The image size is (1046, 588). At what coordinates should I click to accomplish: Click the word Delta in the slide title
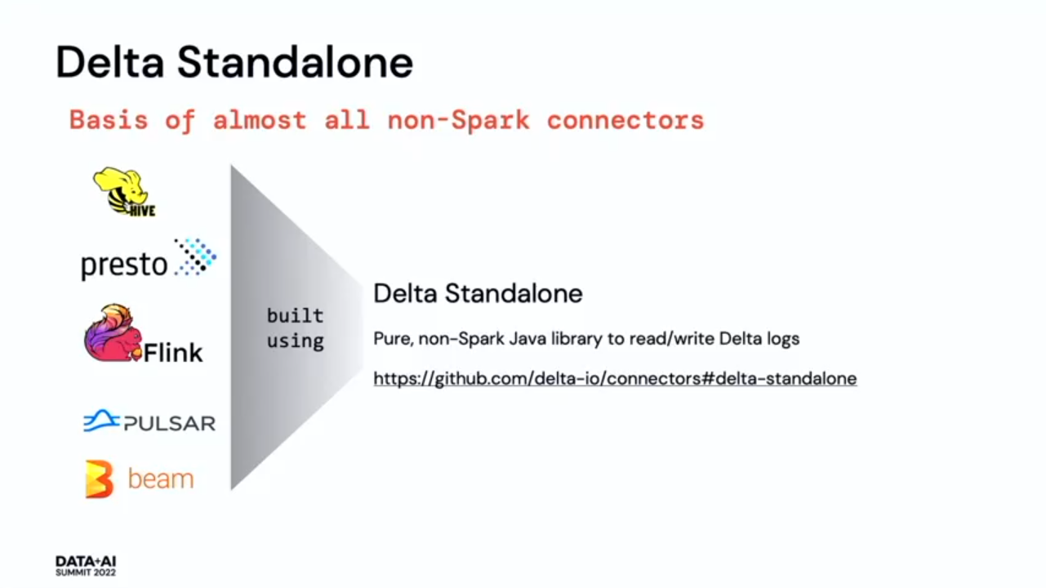point(109,62)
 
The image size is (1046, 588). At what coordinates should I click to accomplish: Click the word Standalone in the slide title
point(295,62)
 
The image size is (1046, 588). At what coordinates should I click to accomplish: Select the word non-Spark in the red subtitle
point(459,121)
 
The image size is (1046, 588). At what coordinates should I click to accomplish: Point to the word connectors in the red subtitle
point(625,120)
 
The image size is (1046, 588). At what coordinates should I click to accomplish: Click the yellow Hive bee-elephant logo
point(125,192)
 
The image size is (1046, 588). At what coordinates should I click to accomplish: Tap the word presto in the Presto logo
point(124,265)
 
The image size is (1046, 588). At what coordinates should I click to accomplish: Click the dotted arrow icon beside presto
point(195,257)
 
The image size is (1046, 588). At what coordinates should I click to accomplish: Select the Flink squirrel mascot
point(113,333)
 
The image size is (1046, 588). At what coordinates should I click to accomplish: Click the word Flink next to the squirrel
point(173,353)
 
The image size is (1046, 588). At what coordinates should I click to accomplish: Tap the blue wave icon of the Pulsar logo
point(101,421)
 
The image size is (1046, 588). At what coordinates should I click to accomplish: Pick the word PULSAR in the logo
point(170,423)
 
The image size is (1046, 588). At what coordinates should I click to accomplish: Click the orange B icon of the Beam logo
point(100,479)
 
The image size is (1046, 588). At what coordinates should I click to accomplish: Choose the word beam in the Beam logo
point(161,479)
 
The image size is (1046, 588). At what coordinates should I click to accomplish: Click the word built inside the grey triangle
point(295,316)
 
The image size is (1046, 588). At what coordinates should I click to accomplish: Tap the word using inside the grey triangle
point(295,341)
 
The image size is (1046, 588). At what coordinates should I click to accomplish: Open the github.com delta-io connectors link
point(615,379)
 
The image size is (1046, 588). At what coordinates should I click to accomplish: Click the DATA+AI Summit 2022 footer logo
point(86,566)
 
